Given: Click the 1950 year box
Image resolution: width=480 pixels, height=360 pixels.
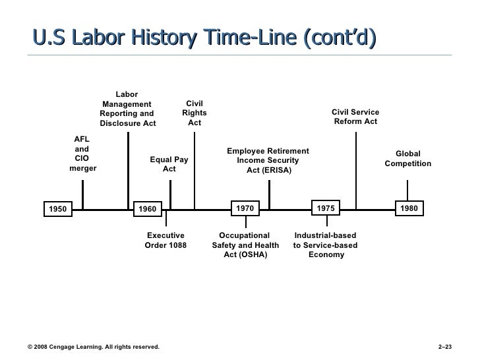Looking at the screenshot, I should coord(59,210).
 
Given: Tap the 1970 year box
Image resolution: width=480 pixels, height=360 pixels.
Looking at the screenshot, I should coord(245,208).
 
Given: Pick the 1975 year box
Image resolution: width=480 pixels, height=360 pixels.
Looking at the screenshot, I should coord(326,208).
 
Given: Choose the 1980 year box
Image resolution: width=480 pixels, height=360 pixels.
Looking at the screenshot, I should coord(409,208).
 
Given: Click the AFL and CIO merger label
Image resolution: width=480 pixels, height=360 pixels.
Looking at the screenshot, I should coord(82,154).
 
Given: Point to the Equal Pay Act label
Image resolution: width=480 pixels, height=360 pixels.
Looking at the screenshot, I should coord(169,164).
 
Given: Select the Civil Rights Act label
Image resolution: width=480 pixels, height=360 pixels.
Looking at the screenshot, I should coord(195,113).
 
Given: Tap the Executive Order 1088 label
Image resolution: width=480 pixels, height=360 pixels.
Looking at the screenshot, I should coord(165,240).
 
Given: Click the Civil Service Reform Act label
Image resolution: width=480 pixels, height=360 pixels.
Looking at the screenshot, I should coord(355,117).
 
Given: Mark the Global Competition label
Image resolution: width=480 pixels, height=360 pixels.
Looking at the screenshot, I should coord(408,158).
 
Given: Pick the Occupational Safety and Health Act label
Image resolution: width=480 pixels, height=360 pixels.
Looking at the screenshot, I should coord(245,245).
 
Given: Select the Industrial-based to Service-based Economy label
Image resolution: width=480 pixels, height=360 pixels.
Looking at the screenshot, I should coord(326,245).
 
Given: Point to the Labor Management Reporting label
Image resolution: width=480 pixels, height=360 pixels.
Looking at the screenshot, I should coord(127,109).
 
